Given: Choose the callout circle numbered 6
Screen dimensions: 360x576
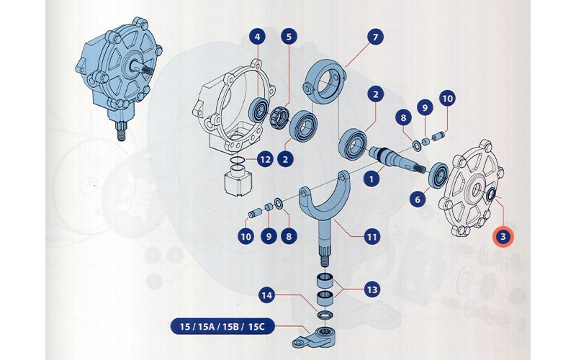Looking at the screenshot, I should pos(415,198).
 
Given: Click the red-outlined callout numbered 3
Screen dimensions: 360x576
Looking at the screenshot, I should pos(503,235).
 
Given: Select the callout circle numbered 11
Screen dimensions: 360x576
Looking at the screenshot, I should pos(372,235).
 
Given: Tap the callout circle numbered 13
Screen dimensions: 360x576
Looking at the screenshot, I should pos(372,290).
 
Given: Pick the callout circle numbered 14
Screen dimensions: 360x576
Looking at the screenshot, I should pos(266,294).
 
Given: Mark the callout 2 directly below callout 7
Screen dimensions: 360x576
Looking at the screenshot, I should pos(374,94).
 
